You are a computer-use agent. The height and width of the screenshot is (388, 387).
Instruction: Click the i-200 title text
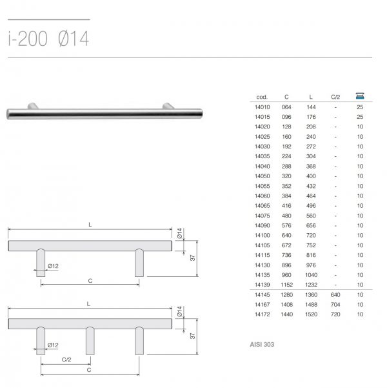(x=28, y=39)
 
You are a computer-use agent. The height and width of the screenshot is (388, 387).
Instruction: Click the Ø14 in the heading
(x=74, y=39)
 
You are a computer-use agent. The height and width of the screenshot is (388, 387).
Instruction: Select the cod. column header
(x=262, y=97)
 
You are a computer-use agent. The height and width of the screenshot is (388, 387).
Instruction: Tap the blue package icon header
(x=360, y=96)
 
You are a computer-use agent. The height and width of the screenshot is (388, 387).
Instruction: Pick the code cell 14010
(x=262, y=107)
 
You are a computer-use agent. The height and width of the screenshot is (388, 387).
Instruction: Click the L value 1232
(x=311, y=285)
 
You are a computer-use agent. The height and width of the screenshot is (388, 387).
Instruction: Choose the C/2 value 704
(x=335, y=305)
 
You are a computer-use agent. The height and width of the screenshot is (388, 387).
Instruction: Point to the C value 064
(x=286, y=107)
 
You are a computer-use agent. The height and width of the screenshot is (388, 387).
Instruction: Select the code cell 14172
(x=262, y=314)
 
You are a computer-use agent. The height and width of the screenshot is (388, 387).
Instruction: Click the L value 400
(x=311, y=176)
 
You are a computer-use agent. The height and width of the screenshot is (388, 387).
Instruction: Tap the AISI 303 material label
(x=262, y=345)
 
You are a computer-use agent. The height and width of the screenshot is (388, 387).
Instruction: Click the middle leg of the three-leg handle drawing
(x=90, y=341)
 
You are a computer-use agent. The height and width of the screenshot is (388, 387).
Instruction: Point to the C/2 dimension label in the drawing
(x=66, y=360)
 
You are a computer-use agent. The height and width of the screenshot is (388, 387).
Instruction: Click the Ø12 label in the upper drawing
(x=53, y=266)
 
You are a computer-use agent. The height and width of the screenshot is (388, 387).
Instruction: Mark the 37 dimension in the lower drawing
(x=192, y=336)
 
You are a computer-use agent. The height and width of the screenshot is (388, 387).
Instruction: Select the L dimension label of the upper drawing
(x=90, y=225)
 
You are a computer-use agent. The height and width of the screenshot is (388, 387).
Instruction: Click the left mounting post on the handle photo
(x=33, y=106)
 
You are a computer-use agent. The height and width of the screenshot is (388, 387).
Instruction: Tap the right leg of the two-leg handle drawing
(x=139, y=263)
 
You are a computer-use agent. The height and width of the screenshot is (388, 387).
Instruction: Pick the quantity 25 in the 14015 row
(x=360, y=117)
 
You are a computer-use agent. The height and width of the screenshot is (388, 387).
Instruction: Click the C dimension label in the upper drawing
(x=90, y=281)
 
